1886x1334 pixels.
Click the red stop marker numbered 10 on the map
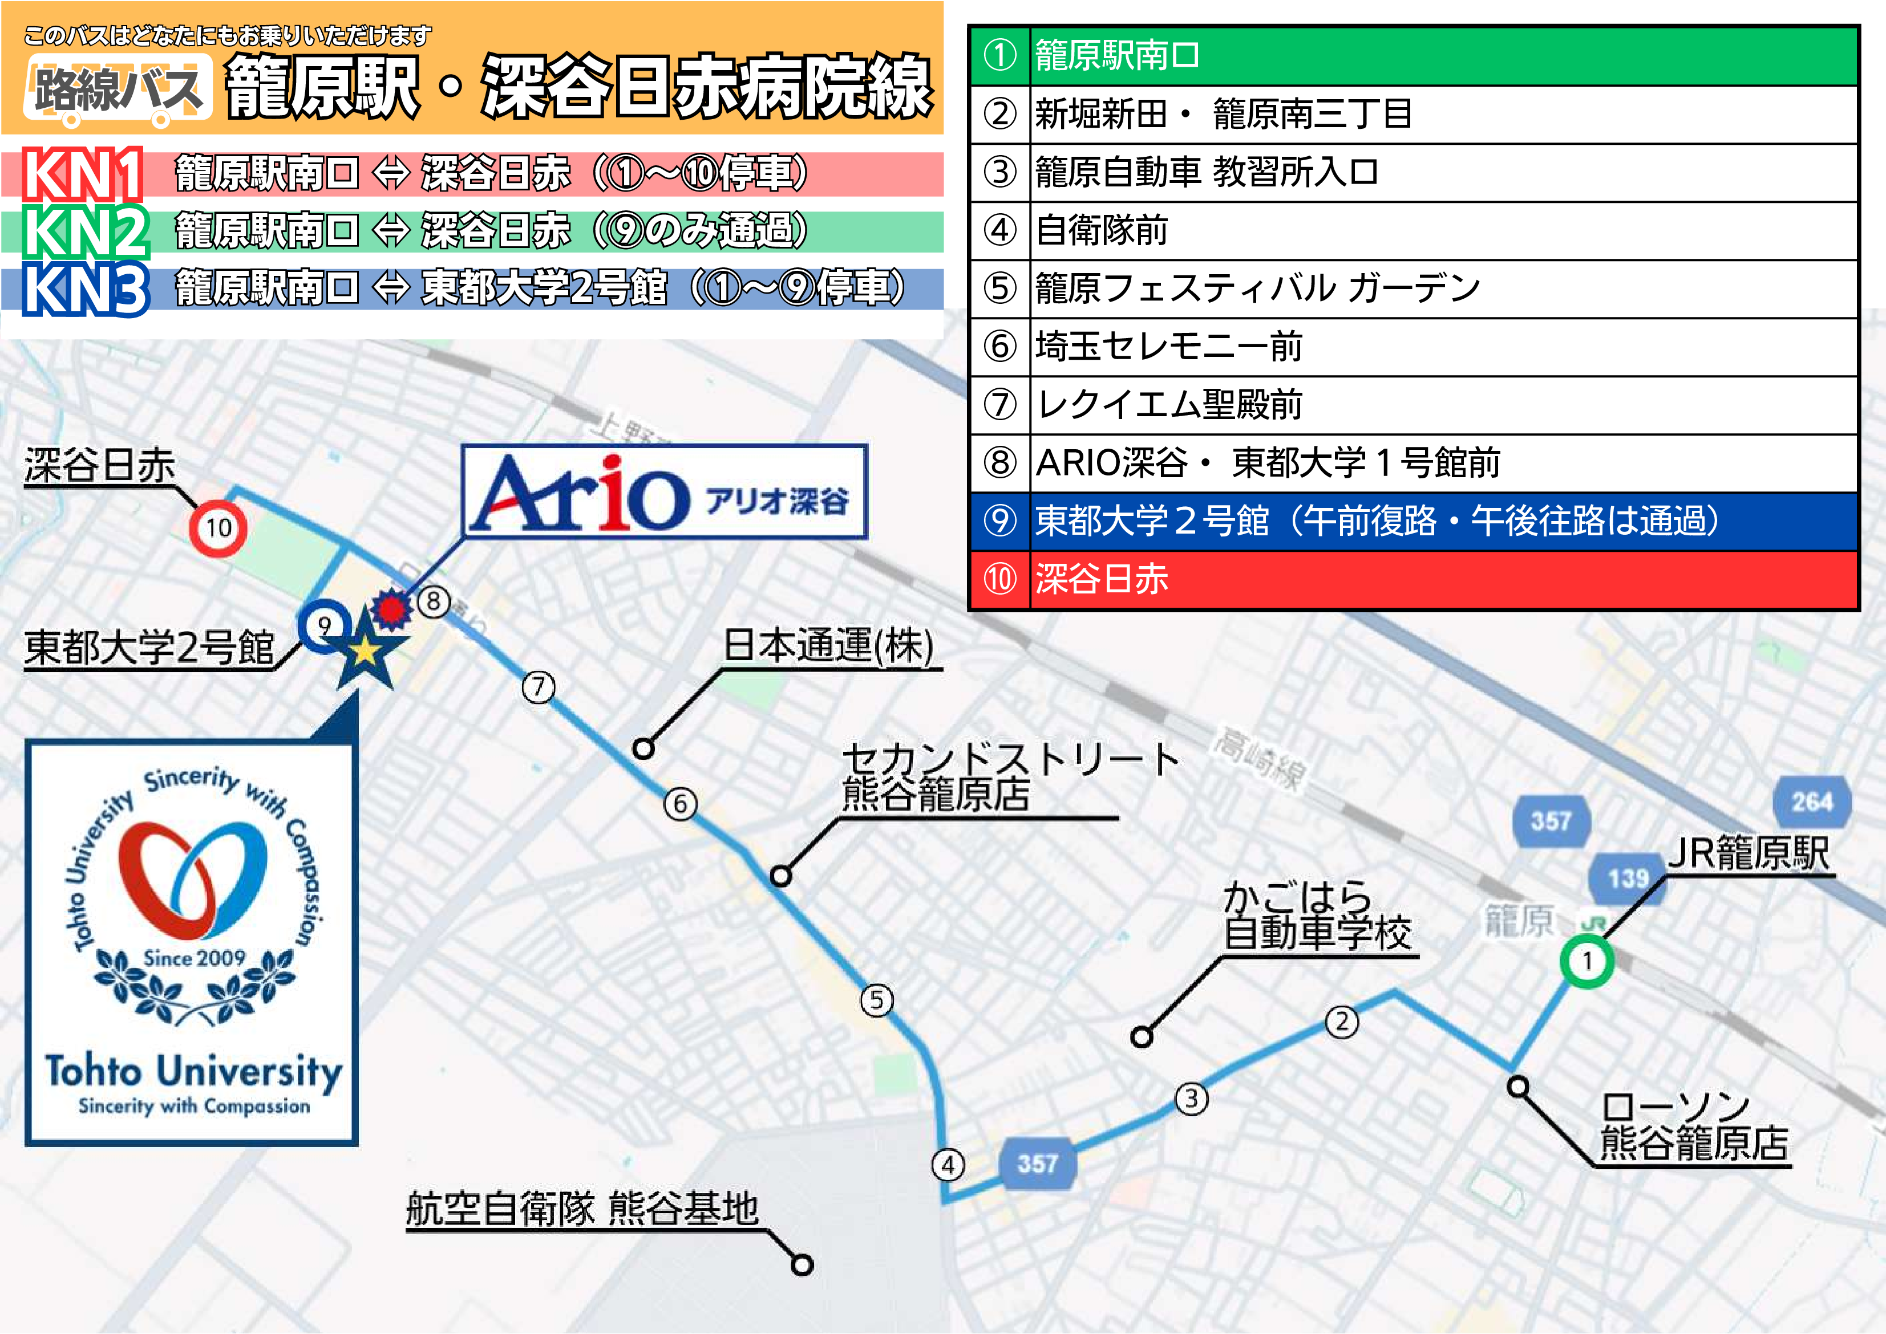click(x=218, y=527)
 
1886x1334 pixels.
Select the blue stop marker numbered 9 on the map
click(x=325, y=626)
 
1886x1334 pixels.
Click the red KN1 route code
click(x=82, y=174)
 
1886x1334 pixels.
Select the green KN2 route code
click(x=84, y=231)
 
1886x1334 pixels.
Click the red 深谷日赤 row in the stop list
click(x=1414, y=579)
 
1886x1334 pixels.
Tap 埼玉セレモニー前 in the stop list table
click(x=1414, y=347)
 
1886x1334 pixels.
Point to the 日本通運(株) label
click(x=828, y=646)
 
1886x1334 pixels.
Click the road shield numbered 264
click(x=1811, y=801)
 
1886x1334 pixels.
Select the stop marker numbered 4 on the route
click(x=948, y=1164)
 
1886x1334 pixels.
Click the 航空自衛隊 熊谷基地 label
click(x=582, y=1209)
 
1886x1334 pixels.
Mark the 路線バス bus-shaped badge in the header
click(x=118, y=90)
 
